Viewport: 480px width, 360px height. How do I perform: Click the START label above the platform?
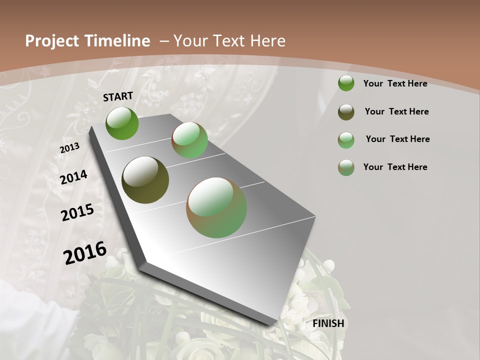[x=118, y=96]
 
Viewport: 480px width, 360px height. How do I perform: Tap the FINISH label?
[x=328, y=323]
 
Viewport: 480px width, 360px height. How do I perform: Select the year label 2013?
[x=69, y=148]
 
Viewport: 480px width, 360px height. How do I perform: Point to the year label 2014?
[x=74, y=177]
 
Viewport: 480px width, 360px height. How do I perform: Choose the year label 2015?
[x=77, y=212]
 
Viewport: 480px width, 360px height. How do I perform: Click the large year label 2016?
[x=85, y=252]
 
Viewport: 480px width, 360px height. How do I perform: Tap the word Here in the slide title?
[x=267, y=41]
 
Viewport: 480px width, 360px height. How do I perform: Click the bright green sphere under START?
[x=122, y=123]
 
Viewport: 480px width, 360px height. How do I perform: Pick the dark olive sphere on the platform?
[x=145, y=180]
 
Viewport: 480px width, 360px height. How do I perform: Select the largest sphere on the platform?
[x=216, y=207]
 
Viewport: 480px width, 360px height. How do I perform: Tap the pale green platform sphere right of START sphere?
[x=190, y=140]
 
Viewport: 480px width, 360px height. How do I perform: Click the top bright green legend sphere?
[x=346, y=83]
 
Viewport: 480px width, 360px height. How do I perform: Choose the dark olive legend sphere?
[x=346, y=112]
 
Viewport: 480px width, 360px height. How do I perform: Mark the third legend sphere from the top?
[x=346, y=140]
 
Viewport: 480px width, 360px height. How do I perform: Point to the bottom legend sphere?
[x=346, y=167]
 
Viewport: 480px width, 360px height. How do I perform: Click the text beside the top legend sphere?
[x=395, y=83]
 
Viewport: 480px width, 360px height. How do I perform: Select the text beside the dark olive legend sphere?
[x=396, y=111]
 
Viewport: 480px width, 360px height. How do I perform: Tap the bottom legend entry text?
[x=395, y=167]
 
